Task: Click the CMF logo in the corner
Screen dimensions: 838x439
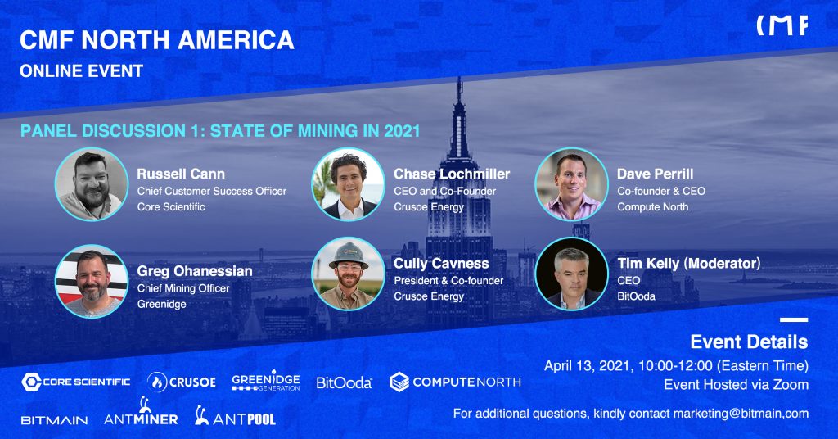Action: coord(782,25)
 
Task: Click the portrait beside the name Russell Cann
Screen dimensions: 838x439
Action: coord(92,184)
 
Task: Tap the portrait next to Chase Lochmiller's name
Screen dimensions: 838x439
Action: coord(348,184)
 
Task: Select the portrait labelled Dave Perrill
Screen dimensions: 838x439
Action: coord(571,184)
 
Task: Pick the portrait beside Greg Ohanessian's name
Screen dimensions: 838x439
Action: coord(92,281)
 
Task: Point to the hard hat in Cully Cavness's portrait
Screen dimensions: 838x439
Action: coord(348,256)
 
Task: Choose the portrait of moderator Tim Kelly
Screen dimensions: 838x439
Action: coord(571,274)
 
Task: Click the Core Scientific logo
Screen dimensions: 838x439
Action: coord(76,382)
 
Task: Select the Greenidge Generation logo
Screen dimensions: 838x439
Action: coord(266,381)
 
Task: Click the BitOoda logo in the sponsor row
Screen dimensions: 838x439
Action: coord(344,382)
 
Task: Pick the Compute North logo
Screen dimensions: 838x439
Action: coord(455,382)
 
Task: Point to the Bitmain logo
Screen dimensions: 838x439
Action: coord(55,420)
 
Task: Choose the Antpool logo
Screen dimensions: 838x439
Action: coord(235,415)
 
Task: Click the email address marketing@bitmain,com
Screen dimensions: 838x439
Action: coord(741,414)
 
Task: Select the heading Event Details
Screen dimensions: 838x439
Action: coord(749,342)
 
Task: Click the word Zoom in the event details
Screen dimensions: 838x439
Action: coord(791,384)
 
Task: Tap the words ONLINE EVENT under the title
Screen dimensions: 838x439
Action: coord(81,70)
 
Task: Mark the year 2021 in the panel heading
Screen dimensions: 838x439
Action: coord(402,131)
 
